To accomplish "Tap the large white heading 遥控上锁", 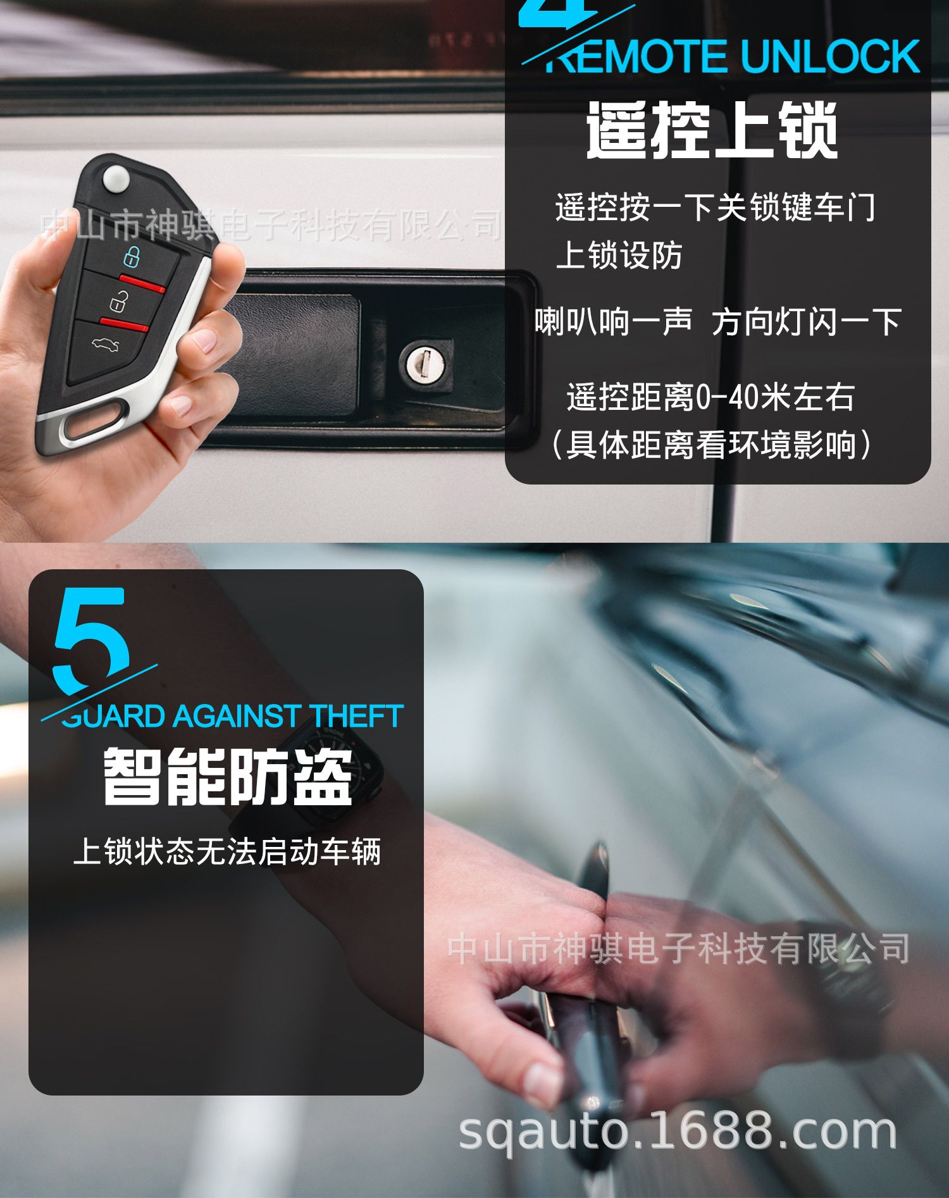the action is pyautogui.click(x=712, y=130).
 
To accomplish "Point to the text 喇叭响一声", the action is pyautogui.click(x=614, y=322).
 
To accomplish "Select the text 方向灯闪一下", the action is pyautogui.click(x=807, y=322).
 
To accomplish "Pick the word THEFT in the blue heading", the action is pyautogui.click(x=357, y=716).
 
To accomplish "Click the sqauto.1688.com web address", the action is pyautogui.click(x=678, y=1132).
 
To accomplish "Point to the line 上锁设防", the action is pyautogui.click(x=619, y=256).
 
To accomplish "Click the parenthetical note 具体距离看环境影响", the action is pyautogui.click(x=712, y=445).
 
